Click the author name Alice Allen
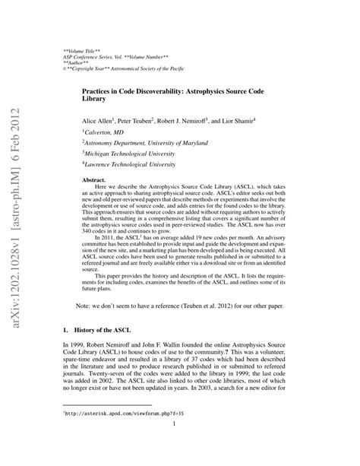pyautogui.click(x=99, y=120)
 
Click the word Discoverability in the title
pyautogui.click(x=156, y=89)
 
